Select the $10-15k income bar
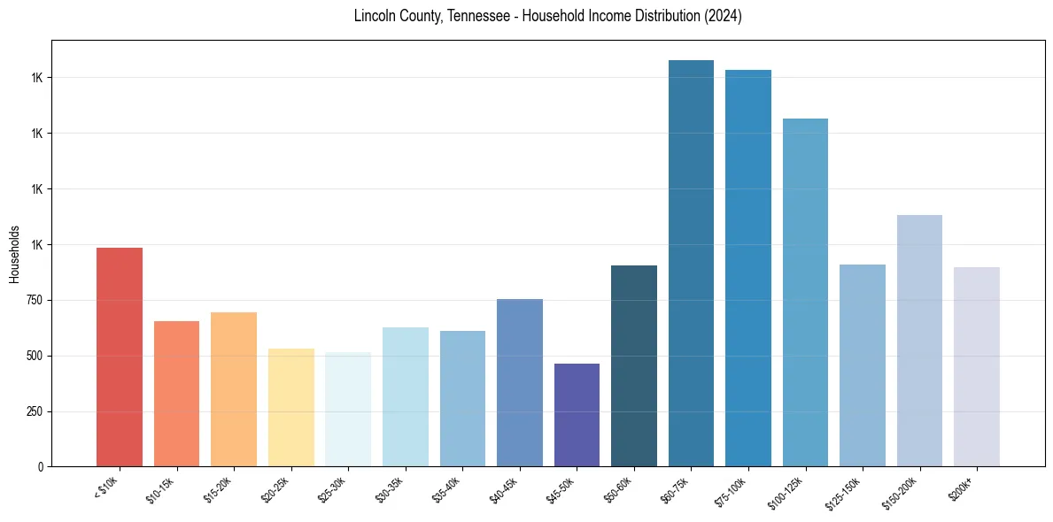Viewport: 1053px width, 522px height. (x=176, y=394)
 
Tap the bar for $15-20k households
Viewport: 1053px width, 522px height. (x=234, y=389)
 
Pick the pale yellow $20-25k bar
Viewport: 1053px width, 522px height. (x=290, y=407)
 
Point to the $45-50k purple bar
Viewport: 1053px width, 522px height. (x=577, y=415)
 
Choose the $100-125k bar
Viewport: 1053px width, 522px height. (x=805, y=292)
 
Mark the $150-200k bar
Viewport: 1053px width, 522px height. (x=919, y=341)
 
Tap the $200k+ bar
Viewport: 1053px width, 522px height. (x=977, y=366)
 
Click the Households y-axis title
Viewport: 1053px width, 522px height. (x=14, y=254)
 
